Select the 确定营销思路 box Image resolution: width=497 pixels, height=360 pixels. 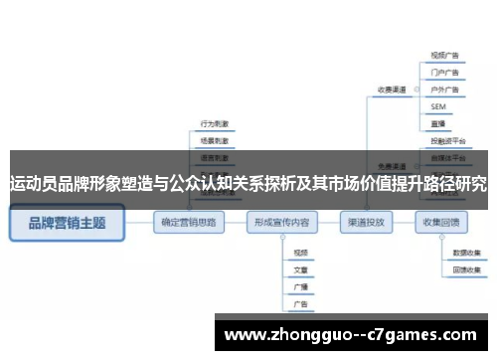189,223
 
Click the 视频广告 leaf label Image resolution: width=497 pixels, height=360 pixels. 444,57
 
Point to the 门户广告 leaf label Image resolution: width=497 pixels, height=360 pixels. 444,73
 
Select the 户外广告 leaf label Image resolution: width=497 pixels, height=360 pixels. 444,90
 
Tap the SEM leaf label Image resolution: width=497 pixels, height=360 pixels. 438,105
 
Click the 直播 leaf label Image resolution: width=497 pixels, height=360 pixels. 438,121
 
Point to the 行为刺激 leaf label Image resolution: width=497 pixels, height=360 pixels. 215,124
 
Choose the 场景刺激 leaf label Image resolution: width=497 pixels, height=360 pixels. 215,141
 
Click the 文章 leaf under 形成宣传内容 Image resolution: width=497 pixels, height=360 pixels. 300,270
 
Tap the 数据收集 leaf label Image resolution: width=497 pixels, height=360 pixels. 467,254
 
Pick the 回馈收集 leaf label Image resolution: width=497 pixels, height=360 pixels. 467,270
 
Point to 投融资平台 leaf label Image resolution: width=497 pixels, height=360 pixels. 446,140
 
